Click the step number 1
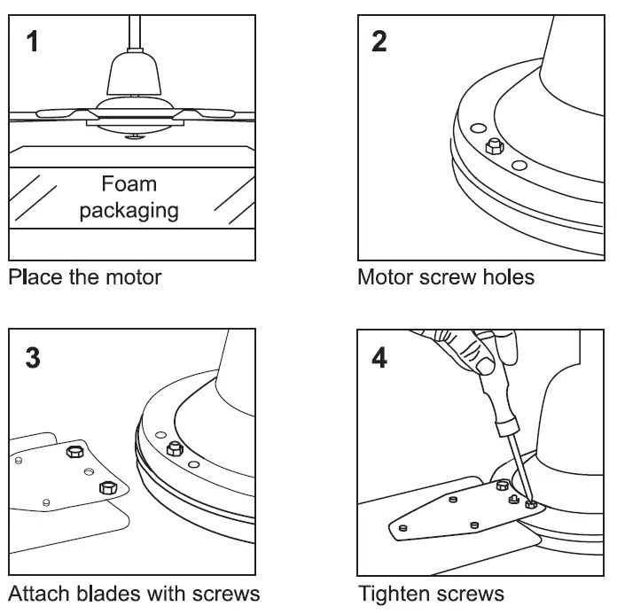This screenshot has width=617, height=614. (x=33, y=42)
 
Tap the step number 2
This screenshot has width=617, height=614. (x=379, y=42)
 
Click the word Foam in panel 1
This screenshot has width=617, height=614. (x=129, y=184)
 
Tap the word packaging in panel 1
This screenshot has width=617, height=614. (x=129, y=211)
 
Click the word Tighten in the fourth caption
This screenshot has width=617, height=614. (x=393, y=592)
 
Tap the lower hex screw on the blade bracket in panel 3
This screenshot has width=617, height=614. (x=107, y=486)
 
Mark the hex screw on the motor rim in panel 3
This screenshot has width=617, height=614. (x=175, y=449)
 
